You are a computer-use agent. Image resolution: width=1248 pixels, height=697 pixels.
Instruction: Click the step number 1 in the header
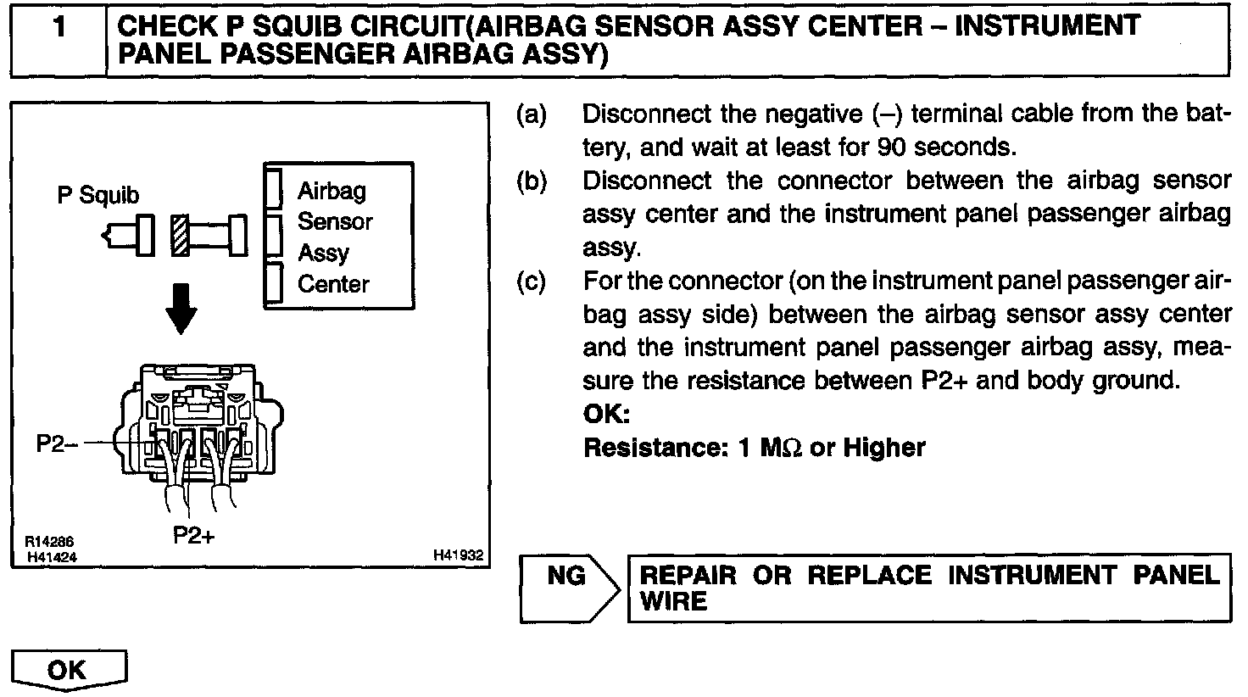pos(58,28)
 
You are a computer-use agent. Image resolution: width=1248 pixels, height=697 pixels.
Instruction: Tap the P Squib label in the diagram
pos(97,195)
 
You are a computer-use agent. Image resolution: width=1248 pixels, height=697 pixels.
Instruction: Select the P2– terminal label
pos(57,443)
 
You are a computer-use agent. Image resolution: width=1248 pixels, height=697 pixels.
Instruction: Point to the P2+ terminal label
pos(194,535)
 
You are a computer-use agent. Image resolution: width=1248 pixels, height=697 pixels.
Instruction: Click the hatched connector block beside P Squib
pos(180,234)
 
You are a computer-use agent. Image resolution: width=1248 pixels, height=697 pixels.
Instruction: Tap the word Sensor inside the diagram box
pos(335,221)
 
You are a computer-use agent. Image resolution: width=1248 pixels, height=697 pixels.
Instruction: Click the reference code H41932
pos(458,555)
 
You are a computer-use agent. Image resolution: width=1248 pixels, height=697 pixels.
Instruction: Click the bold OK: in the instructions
pos(606,415)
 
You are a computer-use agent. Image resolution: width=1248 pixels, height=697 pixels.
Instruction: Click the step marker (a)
pos(532,114)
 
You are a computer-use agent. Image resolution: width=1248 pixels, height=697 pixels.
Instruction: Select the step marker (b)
pos(532,181)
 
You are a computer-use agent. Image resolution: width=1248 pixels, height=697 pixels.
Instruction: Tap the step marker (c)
pos(532,280)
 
